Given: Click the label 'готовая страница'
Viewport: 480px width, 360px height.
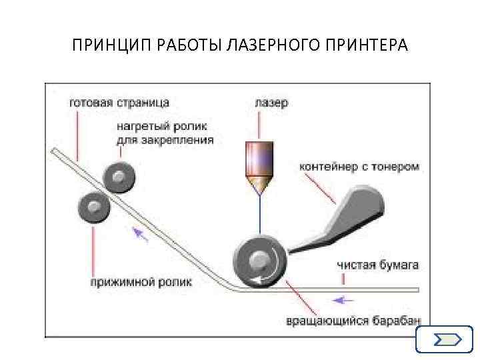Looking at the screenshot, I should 119,103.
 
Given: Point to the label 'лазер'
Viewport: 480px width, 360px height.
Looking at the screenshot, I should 271,103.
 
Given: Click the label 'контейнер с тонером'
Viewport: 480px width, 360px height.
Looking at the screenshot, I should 359,167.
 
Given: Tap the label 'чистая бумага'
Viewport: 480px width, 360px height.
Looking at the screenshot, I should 378,265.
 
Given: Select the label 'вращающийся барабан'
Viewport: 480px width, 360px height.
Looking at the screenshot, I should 354,321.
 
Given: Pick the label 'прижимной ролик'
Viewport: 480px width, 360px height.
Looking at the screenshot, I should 141,282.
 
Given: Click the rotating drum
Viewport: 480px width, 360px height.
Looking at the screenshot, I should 259,261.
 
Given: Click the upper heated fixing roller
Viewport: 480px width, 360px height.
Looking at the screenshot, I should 119,177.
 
